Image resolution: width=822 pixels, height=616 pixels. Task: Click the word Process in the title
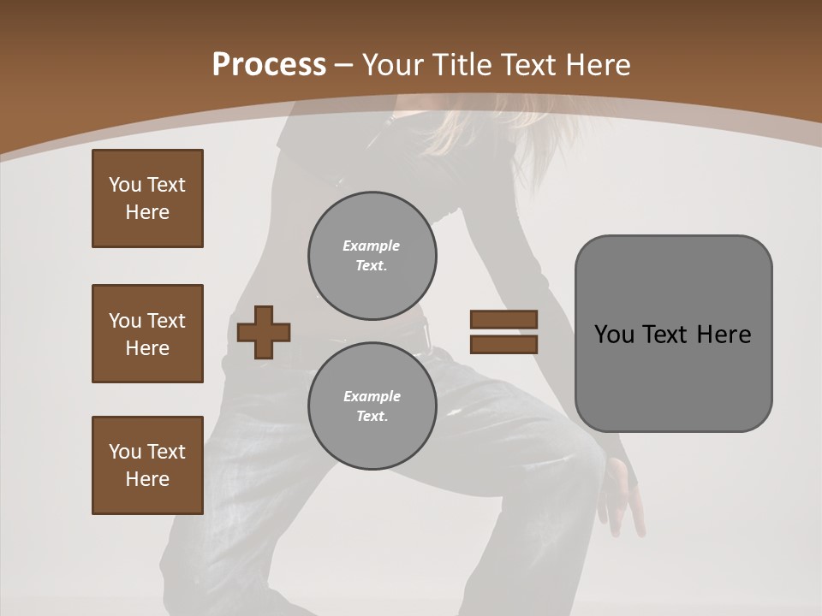[x=269, y=65]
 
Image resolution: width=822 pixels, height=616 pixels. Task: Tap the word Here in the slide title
[x=593, y=65]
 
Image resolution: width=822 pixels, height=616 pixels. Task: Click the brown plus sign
[x=263, y=332]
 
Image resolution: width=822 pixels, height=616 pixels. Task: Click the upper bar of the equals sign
[x=503, y=320]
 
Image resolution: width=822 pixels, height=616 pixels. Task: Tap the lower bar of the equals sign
[x=503, y=344]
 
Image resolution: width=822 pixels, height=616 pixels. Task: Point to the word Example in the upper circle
[x=371, y=246]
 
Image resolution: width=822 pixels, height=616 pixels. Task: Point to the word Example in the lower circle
[x=372, y=396]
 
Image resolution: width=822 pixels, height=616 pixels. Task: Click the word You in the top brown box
[x=124, y=185]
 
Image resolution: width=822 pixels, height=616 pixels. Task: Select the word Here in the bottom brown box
[x=147, y=479]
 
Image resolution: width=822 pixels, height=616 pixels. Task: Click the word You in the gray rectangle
[x=614, y=335]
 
